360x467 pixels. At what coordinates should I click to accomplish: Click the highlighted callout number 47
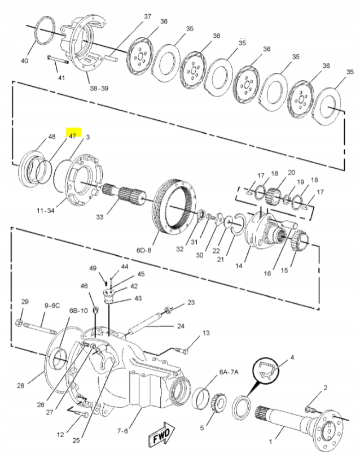73,136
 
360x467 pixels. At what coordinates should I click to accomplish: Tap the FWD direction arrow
161,434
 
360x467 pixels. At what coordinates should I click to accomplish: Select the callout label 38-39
99,88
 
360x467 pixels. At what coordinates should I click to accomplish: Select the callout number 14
239,265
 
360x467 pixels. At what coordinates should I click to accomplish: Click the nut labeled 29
19,322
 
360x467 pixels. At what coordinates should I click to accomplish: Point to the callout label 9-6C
52,305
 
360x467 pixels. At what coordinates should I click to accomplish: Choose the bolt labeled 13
181,350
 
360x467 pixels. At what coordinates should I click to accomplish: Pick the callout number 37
148,16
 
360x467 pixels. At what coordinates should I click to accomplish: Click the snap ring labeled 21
238,224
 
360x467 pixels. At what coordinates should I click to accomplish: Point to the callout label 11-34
46,211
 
